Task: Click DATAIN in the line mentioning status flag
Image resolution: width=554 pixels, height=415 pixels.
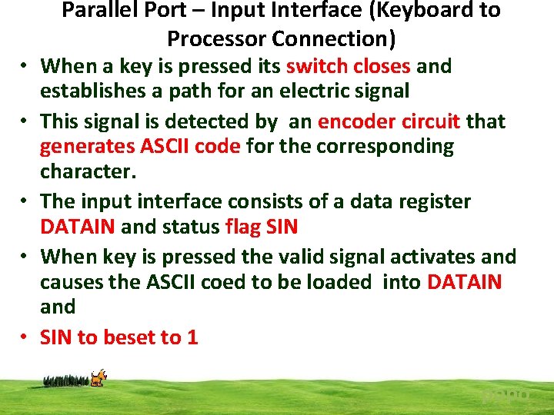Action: pos(78,227)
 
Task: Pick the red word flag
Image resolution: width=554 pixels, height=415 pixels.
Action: pos(245,227)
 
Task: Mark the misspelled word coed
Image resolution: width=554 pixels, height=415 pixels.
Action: pos(225,282)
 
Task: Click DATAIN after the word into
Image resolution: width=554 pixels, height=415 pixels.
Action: pos(464,282)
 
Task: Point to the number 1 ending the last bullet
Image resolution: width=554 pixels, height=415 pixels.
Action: pos(192,337)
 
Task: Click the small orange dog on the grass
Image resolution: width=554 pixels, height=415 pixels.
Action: pos(98,377)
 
